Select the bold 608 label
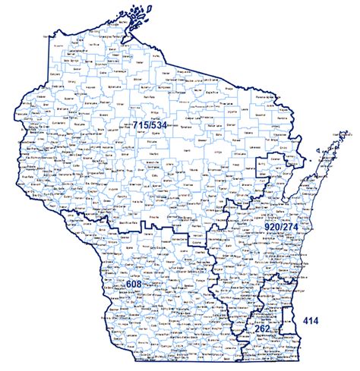click(x=134, y=283)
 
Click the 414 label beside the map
click(x=311, y=321)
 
